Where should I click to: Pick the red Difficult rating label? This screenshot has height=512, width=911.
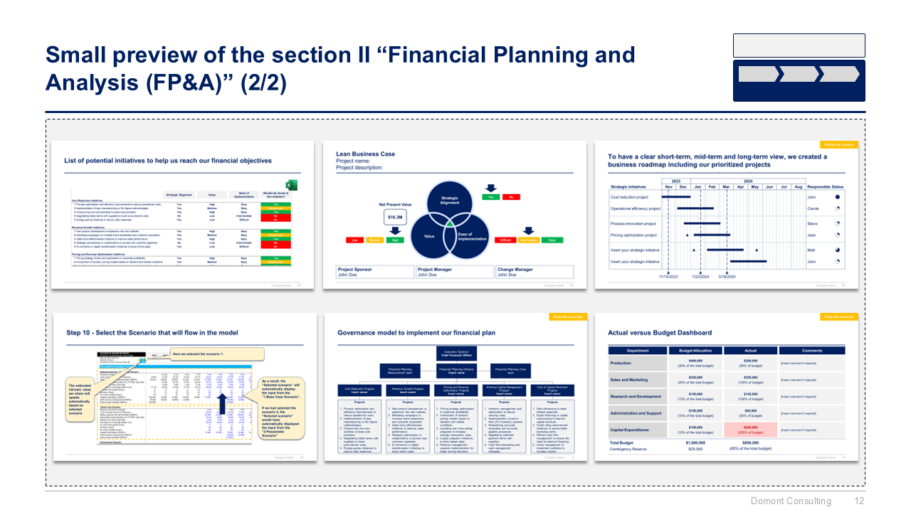point(506,240)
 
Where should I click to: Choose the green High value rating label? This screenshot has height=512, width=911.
point(394,240)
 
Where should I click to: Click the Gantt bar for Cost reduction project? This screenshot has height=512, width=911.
point(676,196)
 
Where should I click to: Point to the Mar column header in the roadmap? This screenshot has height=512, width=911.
point(726,187)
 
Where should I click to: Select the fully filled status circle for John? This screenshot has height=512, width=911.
point(837,197)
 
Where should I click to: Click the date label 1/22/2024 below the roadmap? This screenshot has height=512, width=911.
point(700,277)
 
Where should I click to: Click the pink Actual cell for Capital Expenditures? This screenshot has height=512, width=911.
point(750,429)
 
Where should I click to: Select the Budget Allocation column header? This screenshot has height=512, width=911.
point(695,351)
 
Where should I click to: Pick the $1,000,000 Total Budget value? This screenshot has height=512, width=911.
point(695,442)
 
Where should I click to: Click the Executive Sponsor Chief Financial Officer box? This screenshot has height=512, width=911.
point(455,353)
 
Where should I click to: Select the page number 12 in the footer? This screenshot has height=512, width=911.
point(858,501)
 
